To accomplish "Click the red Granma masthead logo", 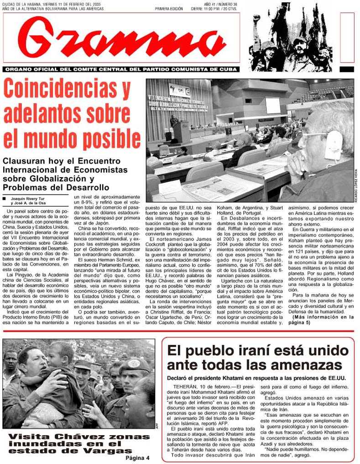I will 122,39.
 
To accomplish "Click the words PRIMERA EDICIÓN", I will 168,9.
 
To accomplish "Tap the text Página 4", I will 137,458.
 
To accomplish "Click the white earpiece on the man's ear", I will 333,146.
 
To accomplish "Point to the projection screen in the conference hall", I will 273,105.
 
